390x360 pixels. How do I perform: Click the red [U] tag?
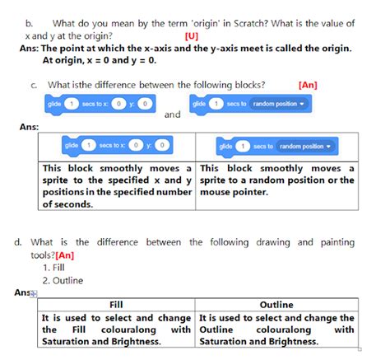click(x=191, y=37)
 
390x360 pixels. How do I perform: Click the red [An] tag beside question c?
click(x=309, y=84)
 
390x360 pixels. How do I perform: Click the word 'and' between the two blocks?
click(x=172, y=115)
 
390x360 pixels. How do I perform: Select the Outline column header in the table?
click(x=276, y=304)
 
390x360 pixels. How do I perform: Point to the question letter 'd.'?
click(x=17, y=242)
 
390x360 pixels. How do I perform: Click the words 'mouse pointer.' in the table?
click(x=234, y=192)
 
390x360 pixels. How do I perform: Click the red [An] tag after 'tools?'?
click(x=65, y=255)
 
